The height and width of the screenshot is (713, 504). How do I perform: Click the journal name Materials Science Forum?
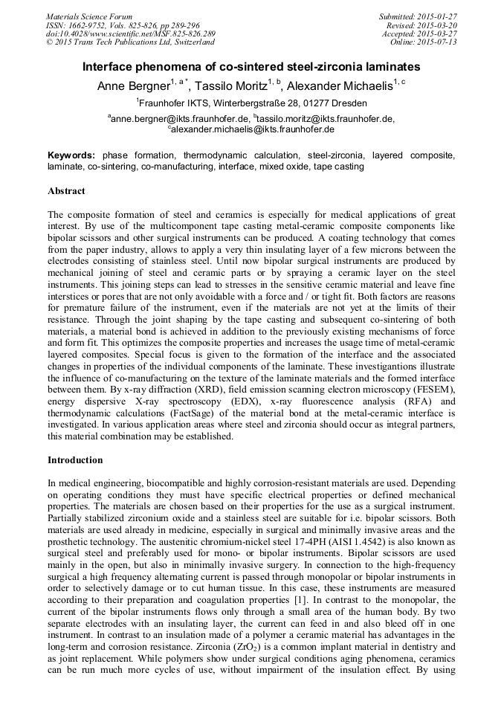[x=89, y=16]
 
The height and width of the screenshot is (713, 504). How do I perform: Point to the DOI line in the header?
[x=130, y=33]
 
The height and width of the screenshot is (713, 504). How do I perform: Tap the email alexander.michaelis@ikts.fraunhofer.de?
[x=252, y=129]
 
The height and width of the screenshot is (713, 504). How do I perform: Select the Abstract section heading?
[x=66, y=191]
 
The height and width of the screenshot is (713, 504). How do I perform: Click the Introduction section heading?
[x=75, y=460]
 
